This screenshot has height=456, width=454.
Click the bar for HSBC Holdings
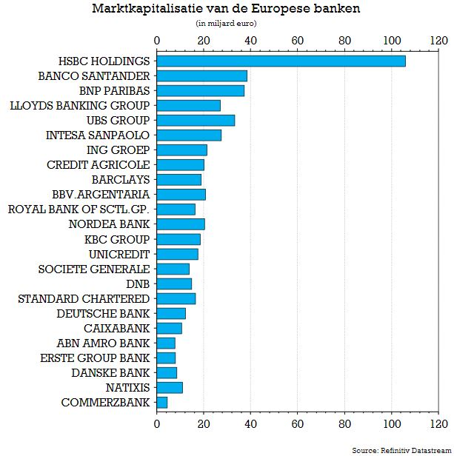coord(281,61)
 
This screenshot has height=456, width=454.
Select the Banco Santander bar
coord(201,76)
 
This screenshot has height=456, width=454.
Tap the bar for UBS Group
coord(196,120)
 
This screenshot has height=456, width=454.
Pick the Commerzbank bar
coord(162,403)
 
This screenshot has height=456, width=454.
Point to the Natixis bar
coord(170,388)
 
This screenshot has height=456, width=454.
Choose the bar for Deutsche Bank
coord(171,313)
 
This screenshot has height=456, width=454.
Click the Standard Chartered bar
coord(176,298)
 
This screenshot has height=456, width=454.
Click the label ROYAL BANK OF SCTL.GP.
coord(79,209)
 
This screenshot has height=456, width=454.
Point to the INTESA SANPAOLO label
coord(98,135)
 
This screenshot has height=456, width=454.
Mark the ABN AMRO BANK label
coord(104,343)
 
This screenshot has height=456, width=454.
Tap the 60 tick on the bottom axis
coord(298,424)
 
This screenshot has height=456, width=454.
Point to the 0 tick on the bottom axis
coord(157,424)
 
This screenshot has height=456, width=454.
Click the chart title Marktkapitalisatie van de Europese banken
coord(226,9)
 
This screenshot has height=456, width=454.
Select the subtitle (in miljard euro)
coord(226,23)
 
